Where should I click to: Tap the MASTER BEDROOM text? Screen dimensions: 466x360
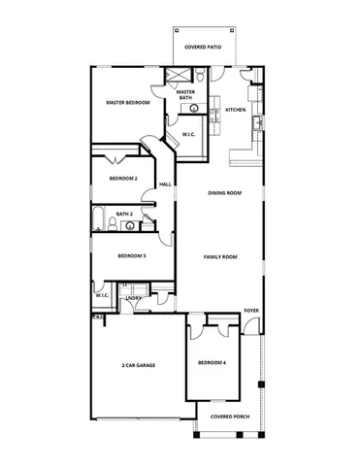point(128,103)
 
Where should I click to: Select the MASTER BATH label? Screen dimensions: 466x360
point(185,94)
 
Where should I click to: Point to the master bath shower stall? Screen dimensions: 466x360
point(180,76)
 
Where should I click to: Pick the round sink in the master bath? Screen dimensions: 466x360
point(193,110)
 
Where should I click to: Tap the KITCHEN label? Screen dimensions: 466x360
point(236,110)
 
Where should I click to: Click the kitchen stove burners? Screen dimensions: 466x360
point(256,94)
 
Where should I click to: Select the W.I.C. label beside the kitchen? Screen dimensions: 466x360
point(190,135)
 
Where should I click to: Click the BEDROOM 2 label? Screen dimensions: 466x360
point(123,179)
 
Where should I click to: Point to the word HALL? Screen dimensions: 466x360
point(165,183)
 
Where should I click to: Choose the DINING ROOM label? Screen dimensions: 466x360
point(225,193)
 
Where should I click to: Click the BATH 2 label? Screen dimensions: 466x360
point(124,214)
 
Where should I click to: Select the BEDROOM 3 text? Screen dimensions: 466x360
point(131,255)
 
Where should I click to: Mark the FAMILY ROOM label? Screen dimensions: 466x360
point(220,256)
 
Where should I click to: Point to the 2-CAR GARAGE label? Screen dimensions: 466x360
point(139,365)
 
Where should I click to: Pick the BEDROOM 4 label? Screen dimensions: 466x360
point(212,362)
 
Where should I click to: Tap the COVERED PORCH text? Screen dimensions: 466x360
point(230,416)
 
